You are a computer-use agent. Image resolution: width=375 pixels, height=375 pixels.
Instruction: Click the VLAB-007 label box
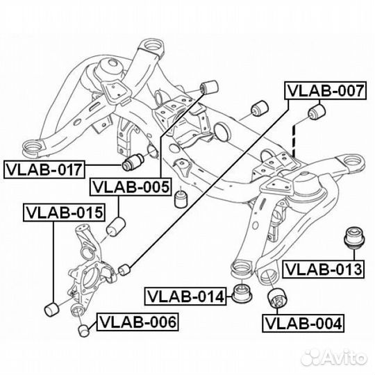pos(325,90)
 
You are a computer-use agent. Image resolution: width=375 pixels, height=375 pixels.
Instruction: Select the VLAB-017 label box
pos(44,169)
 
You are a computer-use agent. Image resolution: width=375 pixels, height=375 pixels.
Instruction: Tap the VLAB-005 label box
pos(131,187)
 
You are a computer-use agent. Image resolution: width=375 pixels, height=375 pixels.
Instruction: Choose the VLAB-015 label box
pos(64,212)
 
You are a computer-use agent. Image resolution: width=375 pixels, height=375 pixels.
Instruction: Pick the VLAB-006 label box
pos(137,322)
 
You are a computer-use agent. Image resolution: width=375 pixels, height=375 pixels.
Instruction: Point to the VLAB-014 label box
pos(185,296)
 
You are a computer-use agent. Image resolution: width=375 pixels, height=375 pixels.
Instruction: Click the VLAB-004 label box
pos(303,323)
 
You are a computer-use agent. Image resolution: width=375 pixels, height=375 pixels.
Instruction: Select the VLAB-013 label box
pos(324,269)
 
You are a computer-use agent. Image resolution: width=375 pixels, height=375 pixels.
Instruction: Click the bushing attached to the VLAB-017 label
pos(133,162)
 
